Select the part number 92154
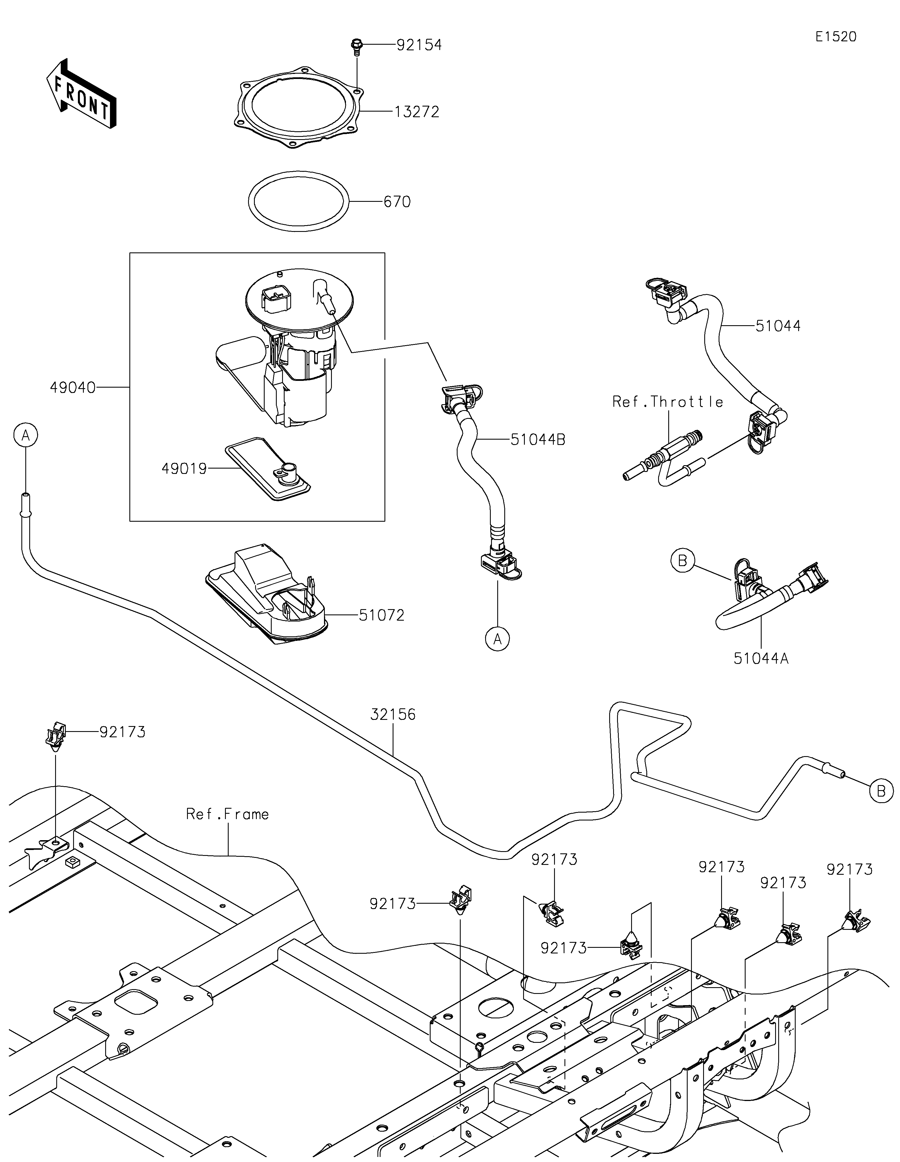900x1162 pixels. [x=419, y=45]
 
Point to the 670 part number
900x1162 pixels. [x=397, y=202]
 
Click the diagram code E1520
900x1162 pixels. [x=836, y=37]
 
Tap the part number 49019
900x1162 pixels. [x=184, y=469]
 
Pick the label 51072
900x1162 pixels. [x=382, y=616]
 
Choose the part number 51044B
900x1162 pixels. [x=537, y=440]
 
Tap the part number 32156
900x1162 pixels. [x=393, y=715]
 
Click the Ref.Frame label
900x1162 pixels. [x=227, y=814]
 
